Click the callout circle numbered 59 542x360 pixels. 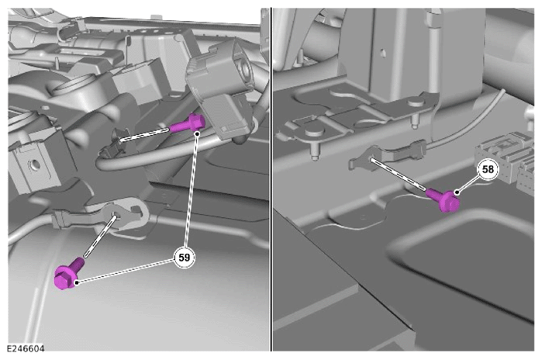coord(185,258)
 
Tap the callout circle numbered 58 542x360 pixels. coord(488,169)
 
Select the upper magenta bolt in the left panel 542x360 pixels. coord(188,124)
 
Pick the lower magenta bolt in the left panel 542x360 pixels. coord(69,273)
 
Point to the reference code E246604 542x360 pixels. coord(26,348)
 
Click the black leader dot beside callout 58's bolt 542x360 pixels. coord(457,192)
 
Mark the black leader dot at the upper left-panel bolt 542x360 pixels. coord(197,133)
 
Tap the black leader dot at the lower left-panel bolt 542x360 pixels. coord(77,282)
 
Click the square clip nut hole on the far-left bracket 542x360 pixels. coord(33,165)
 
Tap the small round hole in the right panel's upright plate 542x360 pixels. coord(382,53)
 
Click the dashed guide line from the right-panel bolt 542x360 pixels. coord(399,175)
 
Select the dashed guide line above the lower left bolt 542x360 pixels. coord(99,237)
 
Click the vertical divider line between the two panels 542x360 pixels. coord(271,179)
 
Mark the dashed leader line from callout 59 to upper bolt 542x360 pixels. coord(192,191)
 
